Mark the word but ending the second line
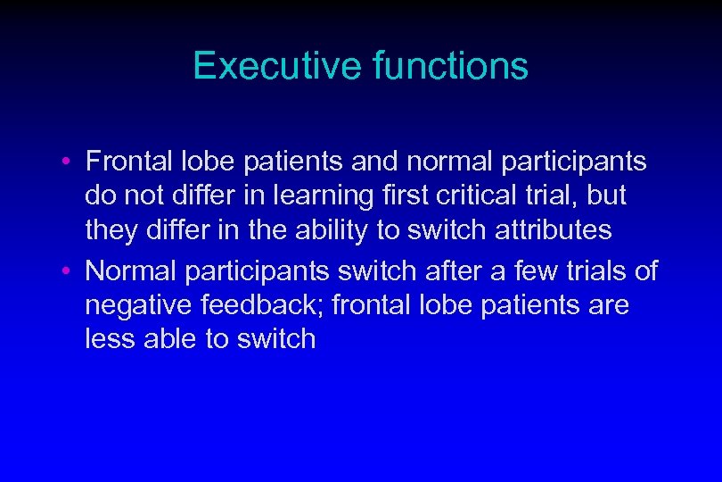606,195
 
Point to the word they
111,230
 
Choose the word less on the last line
108,339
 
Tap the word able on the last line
166,339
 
